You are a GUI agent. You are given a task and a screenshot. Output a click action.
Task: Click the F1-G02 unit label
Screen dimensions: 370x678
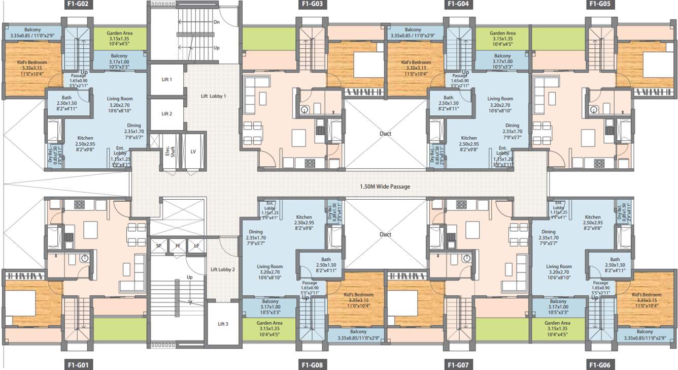78,5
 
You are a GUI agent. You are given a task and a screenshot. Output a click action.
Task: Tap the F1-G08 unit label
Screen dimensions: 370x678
313,365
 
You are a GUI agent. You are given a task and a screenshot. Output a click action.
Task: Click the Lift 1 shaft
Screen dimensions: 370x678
166,80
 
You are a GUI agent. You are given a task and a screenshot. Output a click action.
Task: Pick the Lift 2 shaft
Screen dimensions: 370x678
166,114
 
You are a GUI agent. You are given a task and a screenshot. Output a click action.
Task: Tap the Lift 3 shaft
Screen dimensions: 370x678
223,324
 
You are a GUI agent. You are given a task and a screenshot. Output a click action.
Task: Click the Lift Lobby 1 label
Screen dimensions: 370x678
213,96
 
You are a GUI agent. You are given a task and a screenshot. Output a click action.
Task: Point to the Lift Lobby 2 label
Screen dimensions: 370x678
222,269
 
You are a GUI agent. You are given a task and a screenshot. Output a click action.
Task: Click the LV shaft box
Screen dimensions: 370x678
193,151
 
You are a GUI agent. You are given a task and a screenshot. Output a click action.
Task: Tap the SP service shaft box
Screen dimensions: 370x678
158,246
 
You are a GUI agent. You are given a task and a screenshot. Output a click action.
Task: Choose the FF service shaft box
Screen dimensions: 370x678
178,246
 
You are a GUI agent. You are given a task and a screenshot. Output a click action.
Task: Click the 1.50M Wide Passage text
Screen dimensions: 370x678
385,187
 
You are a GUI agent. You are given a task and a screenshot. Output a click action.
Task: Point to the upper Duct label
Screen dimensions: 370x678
385,134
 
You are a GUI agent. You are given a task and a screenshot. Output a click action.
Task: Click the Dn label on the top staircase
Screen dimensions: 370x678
216,22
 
